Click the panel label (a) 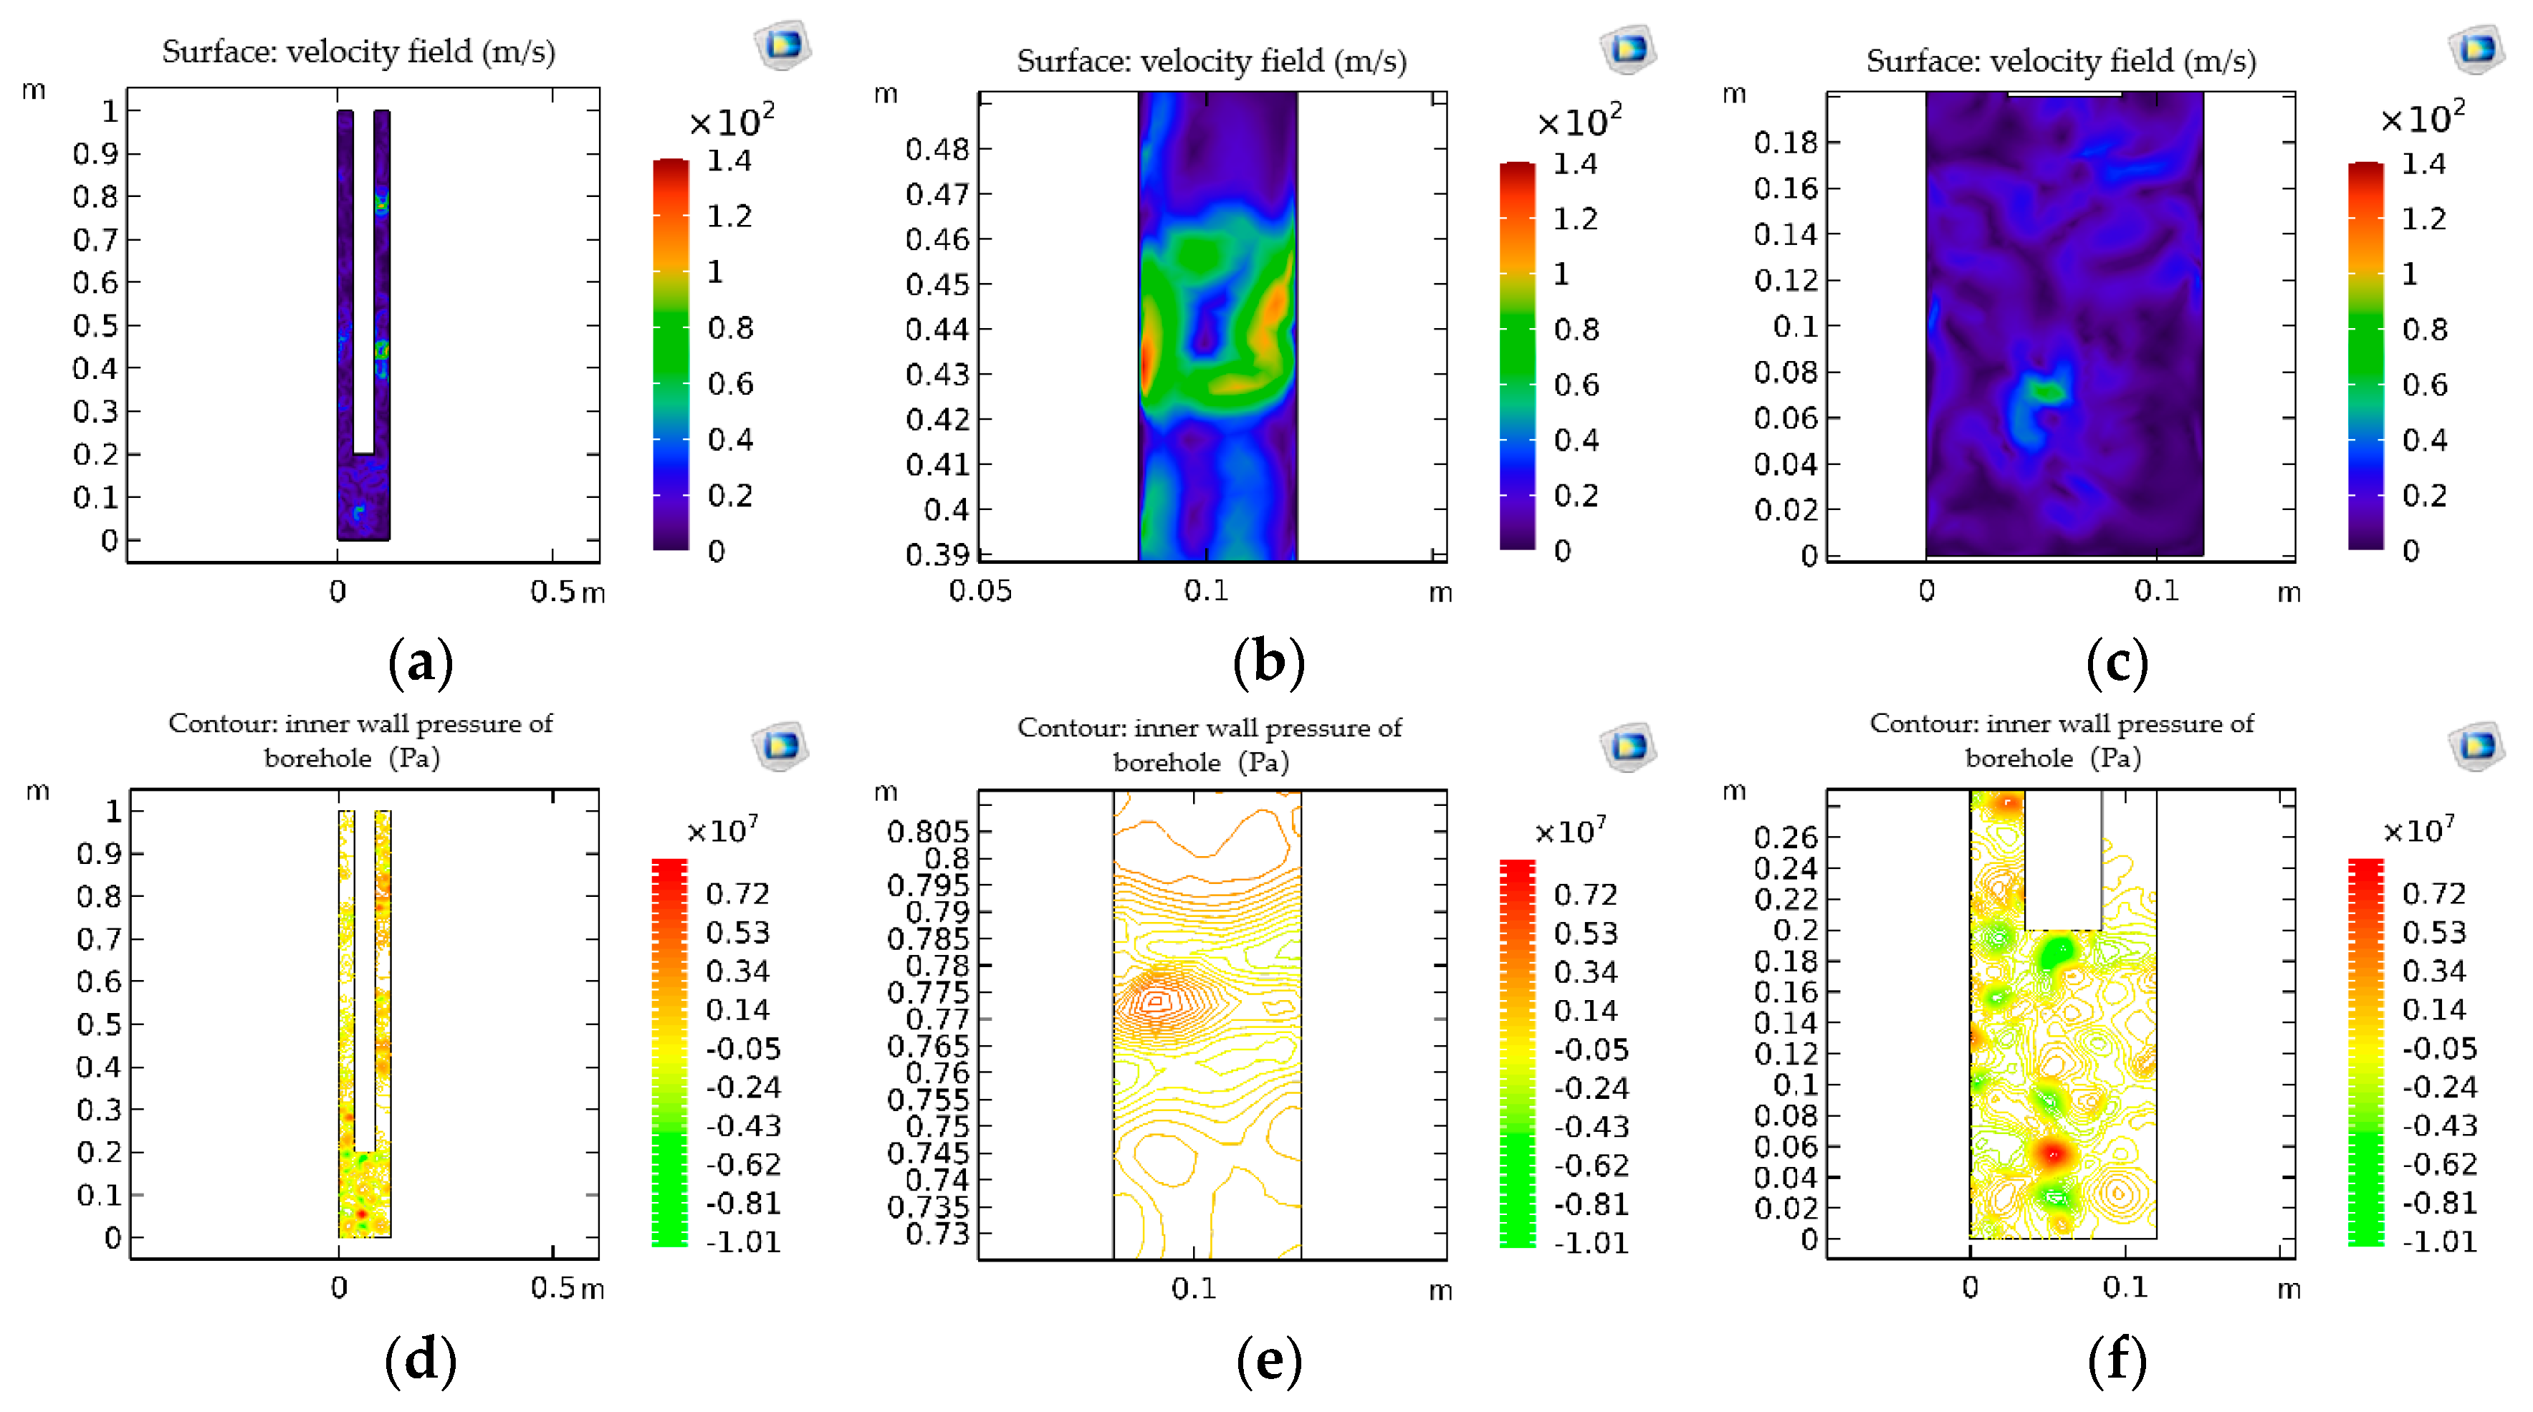tap(421, 662)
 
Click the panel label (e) tap(1268, 1361)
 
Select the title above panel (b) tap(1212, 61)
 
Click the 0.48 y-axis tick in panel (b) tap(937, 150)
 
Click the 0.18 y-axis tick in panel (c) tap(1785, 143)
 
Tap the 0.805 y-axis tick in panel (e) tap(927, 832)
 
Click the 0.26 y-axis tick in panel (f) tap(1786, 837)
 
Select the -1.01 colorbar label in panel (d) tap(742, 1242)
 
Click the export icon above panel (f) tap(2475, 744)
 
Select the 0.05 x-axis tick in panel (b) tap(980, 592)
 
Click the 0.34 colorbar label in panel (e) tap(1585, 972)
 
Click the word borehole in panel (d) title tap(317, 758)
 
